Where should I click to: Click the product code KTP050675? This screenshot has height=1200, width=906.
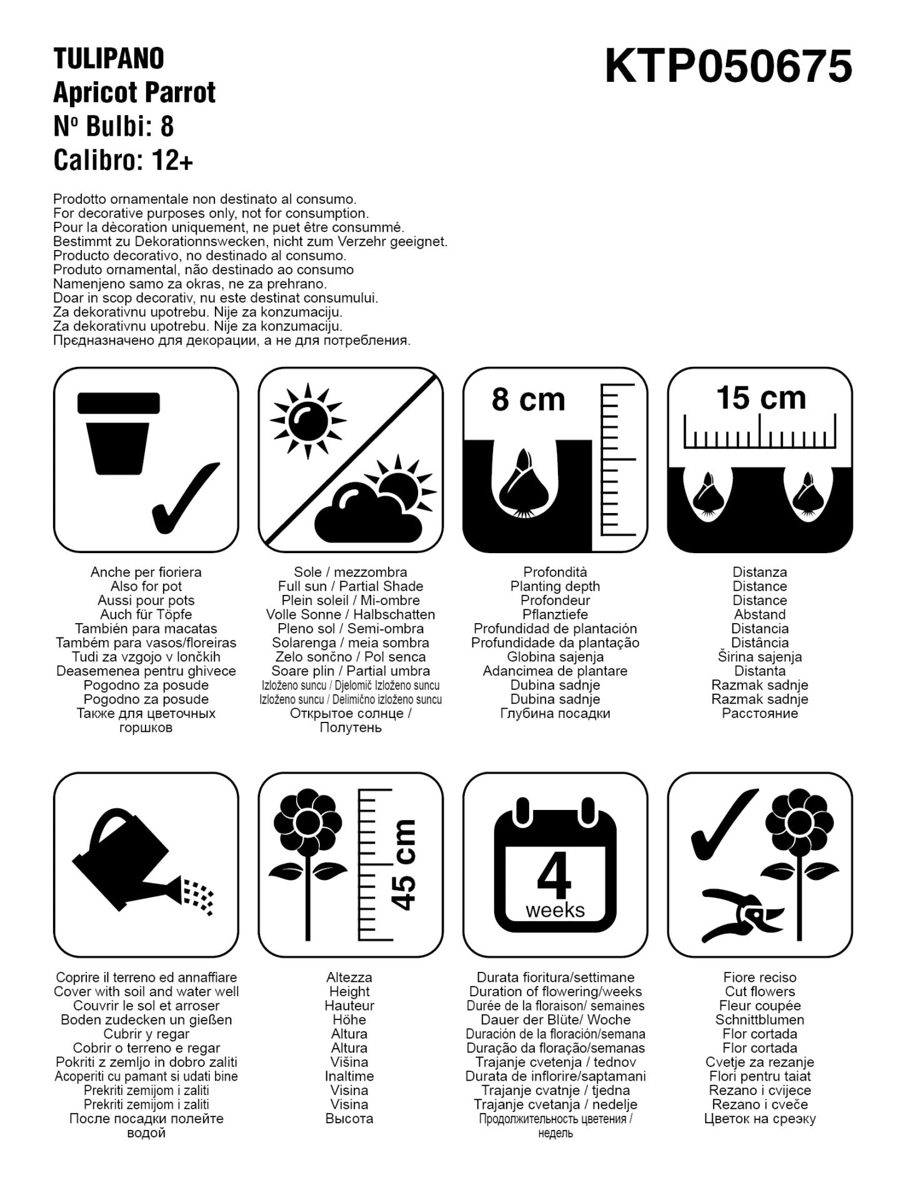pos(729,67)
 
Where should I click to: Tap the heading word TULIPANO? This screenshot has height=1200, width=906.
pos(109,59)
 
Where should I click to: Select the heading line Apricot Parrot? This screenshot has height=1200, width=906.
pos(134,92)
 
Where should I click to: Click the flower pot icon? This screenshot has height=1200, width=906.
pos(119,433)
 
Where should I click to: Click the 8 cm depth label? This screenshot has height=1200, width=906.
pos(528,399)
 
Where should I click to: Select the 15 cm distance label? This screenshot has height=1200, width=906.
pos(760,397)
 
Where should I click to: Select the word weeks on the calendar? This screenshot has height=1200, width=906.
pos(555,910)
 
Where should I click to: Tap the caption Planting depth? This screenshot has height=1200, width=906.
pos(555,586)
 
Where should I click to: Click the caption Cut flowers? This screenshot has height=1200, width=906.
pos(760,991)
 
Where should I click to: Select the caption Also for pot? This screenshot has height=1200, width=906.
pos(146,586)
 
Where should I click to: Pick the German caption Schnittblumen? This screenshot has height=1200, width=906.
pos(760,1019)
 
